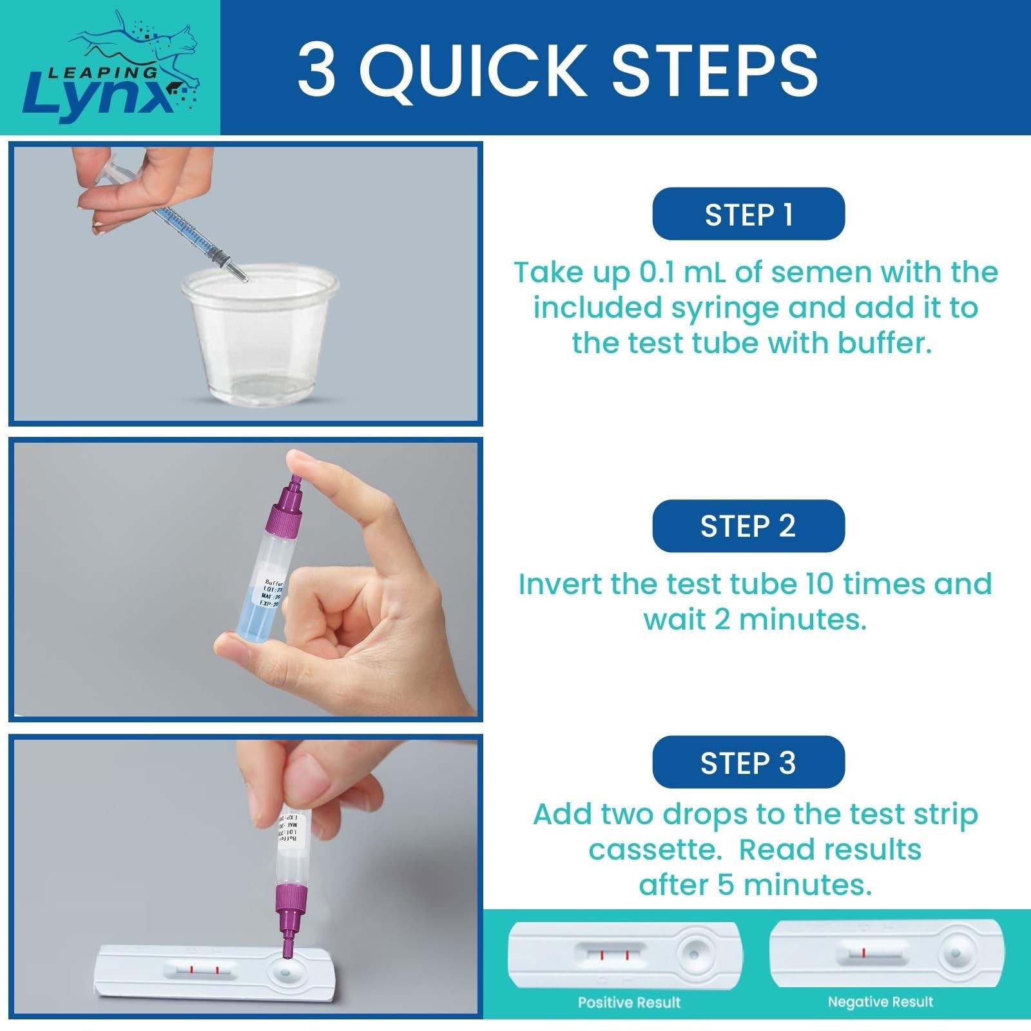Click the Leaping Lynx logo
(x=110, y=68)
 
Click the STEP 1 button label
(x=748, y=215)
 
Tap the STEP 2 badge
(x=748, y=526)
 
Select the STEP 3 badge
(x=748, y=762)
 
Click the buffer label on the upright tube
(x=271, y=592)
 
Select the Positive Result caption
(x=629, y=1002)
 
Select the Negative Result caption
(x=880, y=1002)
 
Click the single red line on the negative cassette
(x=863, y=952)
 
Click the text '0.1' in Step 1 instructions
(x=657, y=273)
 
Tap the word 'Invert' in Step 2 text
(x=560, y=584)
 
